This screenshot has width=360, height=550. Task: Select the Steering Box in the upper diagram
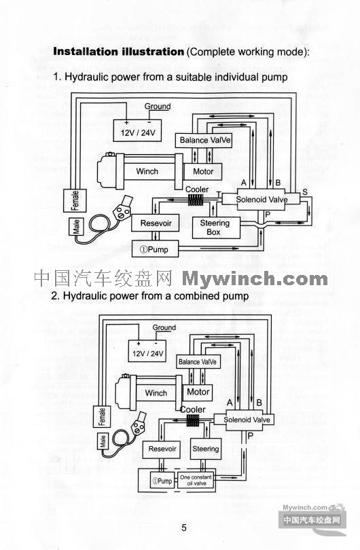click(x=216, y=227)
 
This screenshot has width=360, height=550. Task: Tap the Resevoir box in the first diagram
click(x=156, y=223)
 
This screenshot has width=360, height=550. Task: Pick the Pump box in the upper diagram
click(x=155, y=249)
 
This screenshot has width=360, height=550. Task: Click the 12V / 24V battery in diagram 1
click(x=137, y=130)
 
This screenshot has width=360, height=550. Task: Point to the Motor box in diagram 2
click(x=198, y=393)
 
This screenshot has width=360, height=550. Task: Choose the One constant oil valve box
click(x=196, y=480)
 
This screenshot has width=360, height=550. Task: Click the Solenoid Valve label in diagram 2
click(x=247, y=420)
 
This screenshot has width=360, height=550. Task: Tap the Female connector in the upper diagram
click(x=75, y=200)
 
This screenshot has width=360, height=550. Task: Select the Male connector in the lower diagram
click(x=103, y=441)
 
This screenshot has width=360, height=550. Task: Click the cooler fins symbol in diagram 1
click(x=196, y=200)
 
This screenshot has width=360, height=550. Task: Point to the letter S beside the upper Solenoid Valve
click(x=305, y=192)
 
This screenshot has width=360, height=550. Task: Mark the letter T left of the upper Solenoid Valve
click(x=219, y=194)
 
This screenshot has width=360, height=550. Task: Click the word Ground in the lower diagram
click(x=164, y=327)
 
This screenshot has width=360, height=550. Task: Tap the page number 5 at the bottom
click(x=184, y=528)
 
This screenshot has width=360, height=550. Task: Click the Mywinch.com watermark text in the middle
click(x=255, y=279)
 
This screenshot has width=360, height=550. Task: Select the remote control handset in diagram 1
click(x=123, y=208)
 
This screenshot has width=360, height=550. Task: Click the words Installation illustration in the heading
click(x=119, y=52)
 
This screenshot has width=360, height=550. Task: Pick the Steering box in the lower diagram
click(x=206, y=449)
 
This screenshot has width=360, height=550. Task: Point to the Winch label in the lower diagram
click(x=156, y=393)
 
